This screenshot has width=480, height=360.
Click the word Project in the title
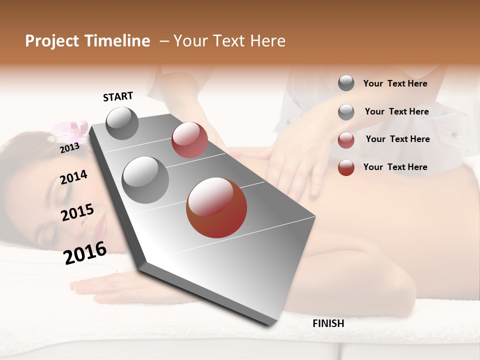click(x=50, y=41)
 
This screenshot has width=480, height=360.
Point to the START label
click(x=118, y=96)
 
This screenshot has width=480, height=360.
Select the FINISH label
click(x=328, y=323)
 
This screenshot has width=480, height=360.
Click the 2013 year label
click(x=69, y=147)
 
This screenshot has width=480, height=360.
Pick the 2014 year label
click(x=73, y=177)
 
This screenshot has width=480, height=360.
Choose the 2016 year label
click(x=85, y=252)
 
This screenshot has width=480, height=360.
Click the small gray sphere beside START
click(x=122, y=123)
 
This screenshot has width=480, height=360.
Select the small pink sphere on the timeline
click(x=189, y=140)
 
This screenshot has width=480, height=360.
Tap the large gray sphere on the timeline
click(x=145, y=180)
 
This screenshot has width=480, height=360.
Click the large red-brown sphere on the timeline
click(x=216, y=207)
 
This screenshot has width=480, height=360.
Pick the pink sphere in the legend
click(x=346, y=140)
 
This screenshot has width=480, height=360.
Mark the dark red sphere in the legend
click(x=346, y=167)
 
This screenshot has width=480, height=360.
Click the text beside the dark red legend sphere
click(x=395, y=167)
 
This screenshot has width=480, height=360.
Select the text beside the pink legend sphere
click(x=397, y=139)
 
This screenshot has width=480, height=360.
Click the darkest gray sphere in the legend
click(x=346, y=83)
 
